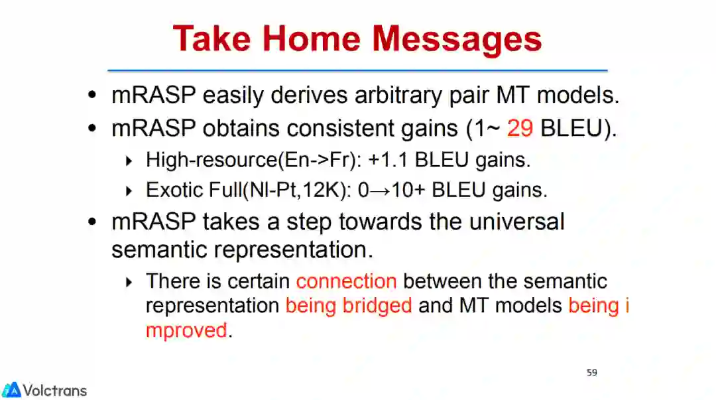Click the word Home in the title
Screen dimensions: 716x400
tap(312, 38)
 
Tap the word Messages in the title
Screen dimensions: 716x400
tap(457, 40)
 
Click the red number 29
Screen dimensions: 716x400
tap(520, 128)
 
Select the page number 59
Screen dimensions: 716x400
tap(592, 373)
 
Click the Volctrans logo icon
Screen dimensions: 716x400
tap(11, 390)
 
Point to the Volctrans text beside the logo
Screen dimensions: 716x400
tap(55, 391)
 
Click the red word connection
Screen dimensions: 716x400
tap(346, 281)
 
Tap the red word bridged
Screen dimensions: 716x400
tap(377, 306)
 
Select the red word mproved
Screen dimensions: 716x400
tap(186, 331)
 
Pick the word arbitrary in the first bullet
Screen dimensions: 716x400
tap(398, 96)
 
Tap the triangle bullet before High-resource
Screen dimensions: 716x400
tap(129, 161)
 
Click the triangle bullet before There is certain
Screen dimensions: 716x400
tap(129, 282)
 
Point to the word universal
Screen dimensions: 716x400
tap(516, 222)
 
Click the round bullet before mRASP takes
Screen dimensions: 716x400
tap(92, 222)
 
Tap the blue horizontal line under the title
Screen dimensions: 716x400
tap(357, 70)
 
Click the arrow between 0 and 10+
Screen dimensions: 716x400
tap(380, 191)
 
